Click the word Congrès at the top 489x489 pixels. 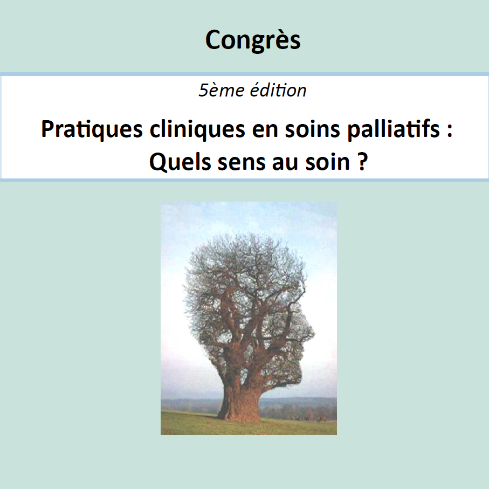tap(253, 40)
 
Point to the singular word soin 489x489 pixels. tap(328, 162)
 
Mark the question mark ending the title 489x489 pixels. tap(362, 162)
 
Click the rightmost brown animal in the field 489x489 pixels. tap(322, 419)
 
